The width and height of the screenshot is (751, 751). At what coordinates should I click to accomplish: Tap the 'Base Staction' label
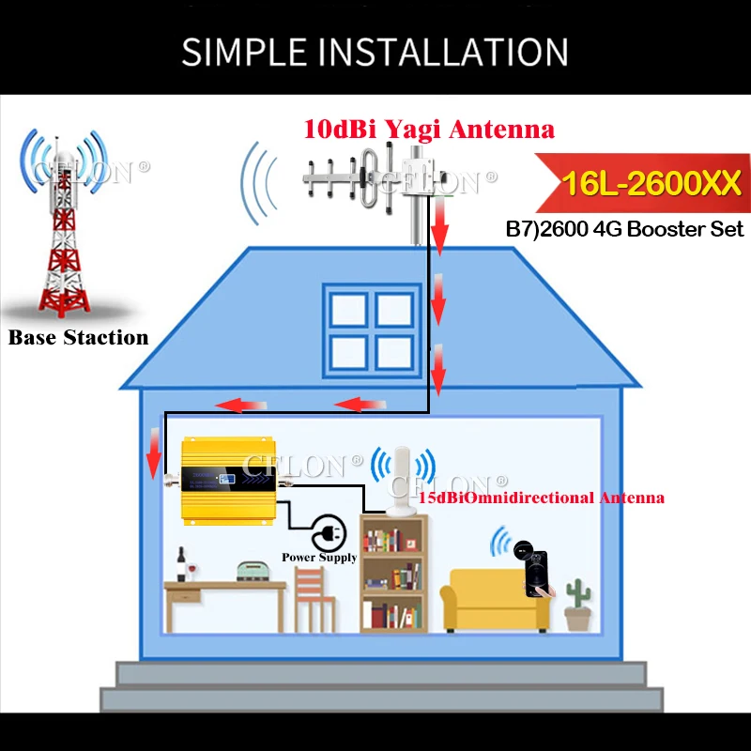tap(79, 337)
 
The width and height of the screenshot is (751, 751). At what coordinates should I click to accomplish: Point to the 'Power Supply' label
tap(319, 558)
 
